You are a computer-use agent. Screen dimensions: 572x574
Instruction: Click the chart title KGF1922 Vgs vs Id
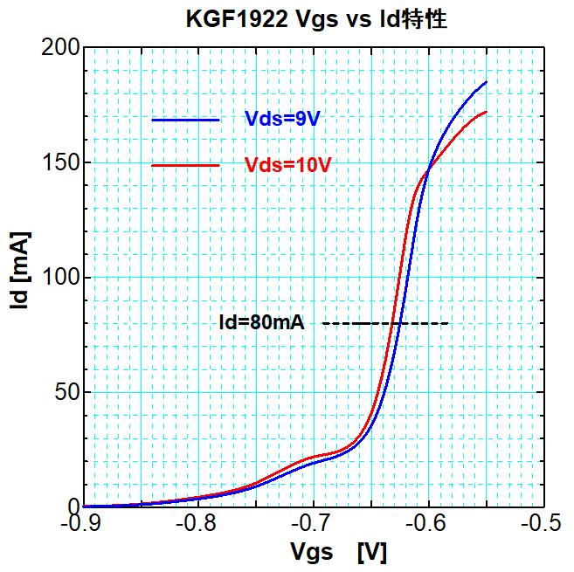[x=316, y=19]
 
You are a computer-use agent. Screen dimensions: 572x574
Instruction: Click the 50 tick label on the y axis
[x=64, y=392]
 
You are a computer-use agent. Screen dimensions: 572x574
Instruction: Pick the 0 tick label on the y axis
[x=71, y=507]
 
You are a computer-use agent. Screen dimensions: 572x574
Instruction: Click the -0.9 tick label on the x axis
[x=83, y=526]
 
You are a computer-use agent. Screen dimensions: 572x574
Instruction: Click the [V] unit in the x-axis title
[x=371, y=553]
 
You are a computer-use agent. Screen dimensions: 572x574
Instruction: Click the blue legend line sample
[x=185, y=120]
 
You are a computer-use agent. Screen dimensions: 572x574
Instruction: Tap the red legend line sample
[x=185, y=165]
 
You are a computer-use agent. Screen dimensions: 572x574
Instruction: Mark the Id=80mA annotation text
[x=261, y=324]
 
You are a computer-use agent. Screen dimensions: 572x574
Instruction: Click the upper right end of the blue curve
[x=486, y=82]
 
